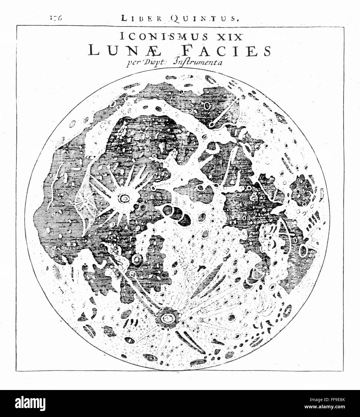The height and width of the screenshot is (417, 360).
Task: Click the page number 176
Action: click(x=56, y=18)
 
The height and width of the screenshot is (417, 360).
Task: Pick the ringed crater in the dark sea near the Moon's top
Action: click(x=208, y=106)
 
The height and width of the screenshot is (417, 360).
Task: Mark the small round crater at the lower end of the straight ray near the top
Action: click(x=212, y=124)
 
